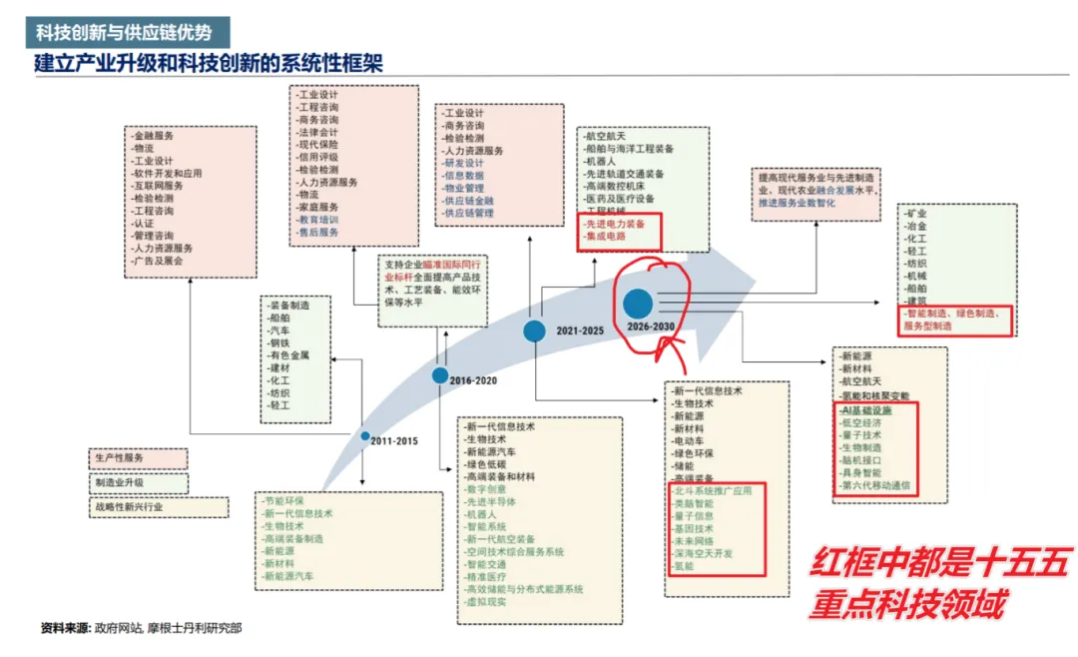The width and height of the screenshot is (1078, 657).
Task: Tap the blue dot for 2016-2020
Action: click(440, 375)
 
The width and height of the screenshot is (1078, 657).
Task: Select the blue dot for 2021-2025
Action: click(535, 331)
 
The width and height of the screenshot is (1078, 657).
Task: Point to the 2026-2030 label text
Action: click(651, 327)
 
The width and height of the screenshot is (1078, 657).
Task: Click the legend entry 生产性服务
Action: click(120, 458)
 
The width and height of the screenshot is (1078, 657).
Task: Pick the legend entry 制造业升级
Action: click(120, 482)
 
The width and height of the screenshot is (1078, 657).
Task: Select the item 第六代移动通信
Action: click(876, 486)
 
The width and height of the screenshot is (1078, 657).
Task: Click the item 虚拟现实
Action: click(489, 602)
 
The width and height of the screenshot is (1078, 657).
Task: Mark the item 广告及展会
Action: click(160, 261)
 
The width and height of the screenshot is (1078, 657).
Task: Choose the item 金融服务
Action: click(154, 136)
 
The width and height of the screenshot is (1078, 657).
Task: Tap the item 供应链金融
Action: click(469, 201)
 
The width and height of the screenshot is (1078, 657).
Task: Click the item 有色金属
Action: click(290, 354)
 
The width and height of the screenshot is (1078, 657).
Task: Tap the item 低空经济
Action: click(862, 423)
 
